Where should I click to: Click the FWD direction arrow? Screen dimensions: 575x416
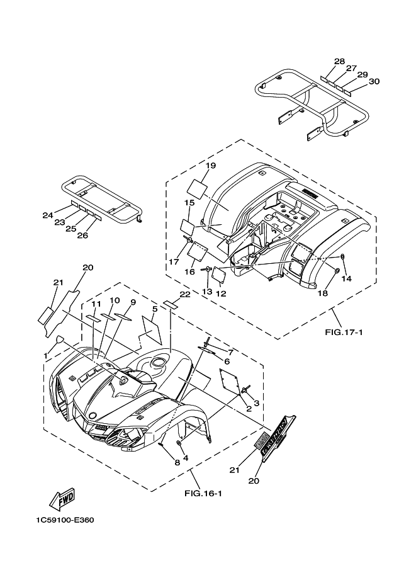62,500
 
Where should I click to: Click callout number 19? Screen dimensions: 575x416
210,166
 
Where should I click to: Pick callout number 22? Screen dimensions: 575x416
184,294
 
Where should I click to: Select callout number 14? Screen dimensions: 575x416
346,278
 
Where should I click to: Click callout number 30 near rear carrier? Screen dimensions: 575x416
374,81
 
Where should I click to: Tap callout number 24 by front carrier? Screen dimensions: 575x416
48,215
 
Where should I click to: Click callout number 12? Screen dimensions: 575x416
222,292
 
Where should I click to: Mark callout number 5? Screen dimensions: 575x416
154,309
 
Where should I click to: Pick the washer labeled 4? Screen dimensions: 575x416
180,445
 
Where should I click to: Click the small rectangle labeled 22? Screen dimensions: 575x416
170,304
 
